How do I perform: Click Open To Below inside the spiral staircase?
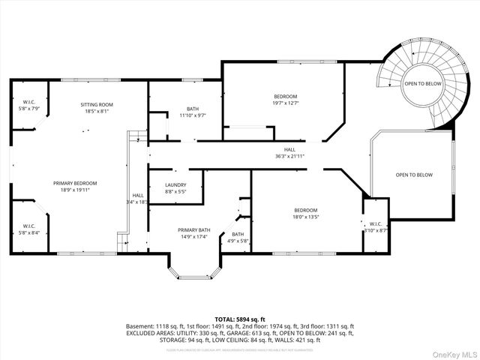[x=422, y=83]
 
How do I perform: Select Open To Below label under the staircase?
[x=414, y=175]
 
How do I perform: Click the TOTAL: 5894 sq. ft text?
[x=240, y=319]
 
